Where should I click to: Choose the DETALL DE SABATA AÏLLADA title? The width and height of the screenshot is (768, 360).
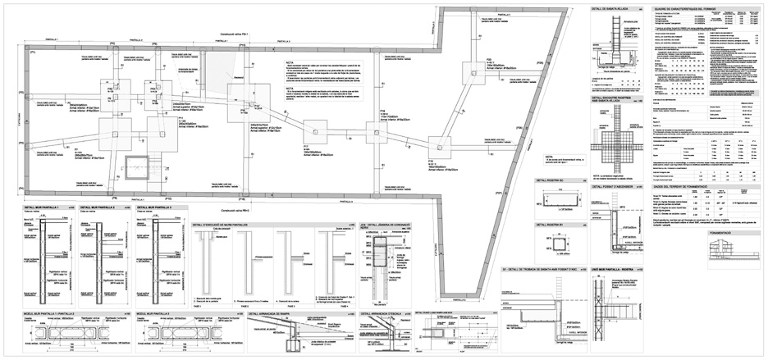click(x=610, y=7)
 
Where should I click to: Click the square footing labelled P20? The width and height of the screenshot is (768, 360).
click(x=473, y=72)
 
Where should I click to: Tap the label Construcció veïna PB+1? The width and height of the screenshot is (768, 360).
click(x=239, y=34)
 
